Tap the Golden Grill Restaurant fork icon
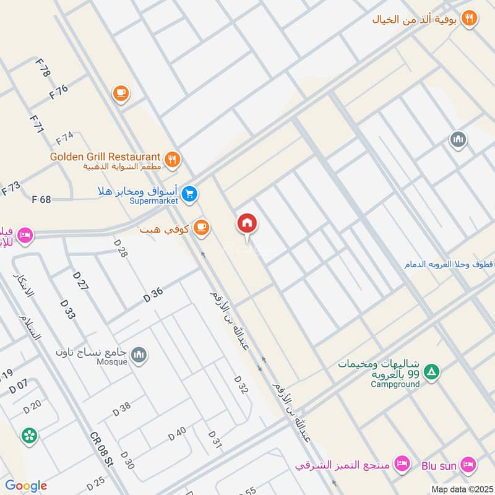[x=173, y=159]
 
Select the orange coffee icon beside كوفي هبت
[x=200, y=228]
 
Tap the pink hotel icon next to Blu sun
[x=468, y=463]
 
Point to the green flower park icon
[x=28, y=436]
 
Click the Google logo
[x=26, y=486]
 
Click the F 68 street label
[x=41, y=199]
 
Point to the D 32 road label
[x=241, y=385]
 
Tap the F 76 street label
[x=58, y=92]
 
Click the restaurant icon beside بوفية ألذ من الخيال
[x=470, y=19]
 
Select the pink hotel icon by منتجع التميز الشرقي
[x=402, y=463]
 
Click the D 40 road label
[x=177, y=434]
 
